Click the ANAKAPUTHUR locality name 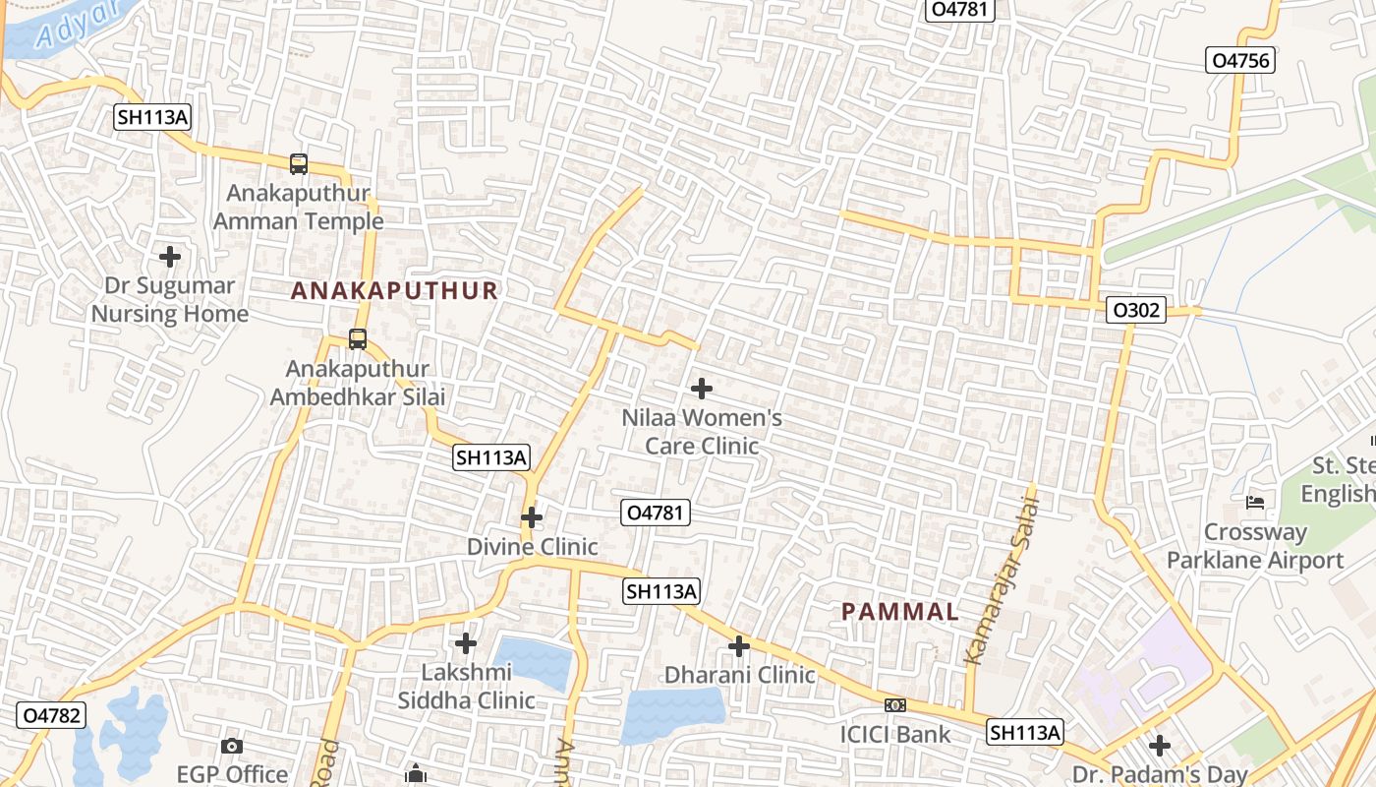(x=394, y=290)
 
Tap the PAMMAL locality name (x=899, y=611)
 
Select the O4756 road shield (x=1240, y=60)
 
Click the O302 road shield (x=1135, y=311)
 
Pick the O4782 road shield (x=50, y=715)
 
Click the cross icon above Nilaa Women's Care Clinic (x=702, y=389)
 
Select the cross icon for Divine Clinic (x=532, y=517)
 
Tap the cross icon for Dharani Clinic (x=739, y=646)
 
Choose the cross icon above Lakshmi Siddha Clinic (x=466, y=643)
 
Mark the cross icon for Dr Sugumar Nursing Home (x=170, y=257)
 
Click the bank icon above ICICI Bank (x=894, y=705)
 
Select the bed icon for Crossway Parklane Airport (x=1255, y=503)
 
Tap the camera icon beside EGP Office (x=232, y=747)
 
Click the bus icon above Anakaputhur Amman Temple (x=299, y=164)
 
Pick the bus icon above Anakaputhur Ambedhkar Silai (x=358, y=339)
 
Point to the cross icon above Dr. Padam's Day (x=1160, y=745)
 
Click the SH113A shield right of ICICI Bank (x=1025, y=732)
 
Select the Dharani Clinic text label (x=739, y=675)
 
